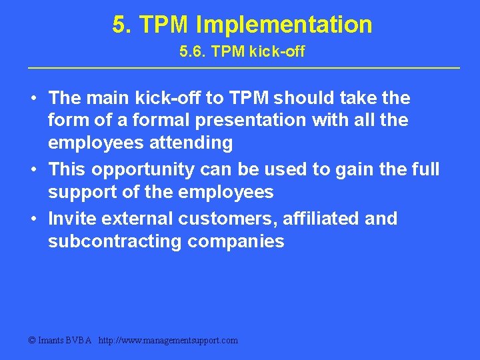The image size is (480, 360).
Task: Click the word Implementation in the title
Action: pyautogui.click(x=284, y=25)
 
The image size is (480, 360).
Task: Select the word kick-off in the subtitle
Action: pyautogui.click(x=278, y=52)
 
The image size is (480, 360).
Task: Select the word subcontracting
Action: pyautogui.click(x=115, y=242)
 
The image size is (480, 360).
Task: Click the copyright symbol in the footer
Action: pyautogui.click(x=31, y=341)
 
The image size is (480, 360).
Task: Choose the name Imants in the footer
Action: pyautogui.click(x=52, y=341)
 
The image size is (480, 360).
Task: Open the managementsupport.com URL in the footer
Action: pyautogui.click(x=168, y=341)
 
